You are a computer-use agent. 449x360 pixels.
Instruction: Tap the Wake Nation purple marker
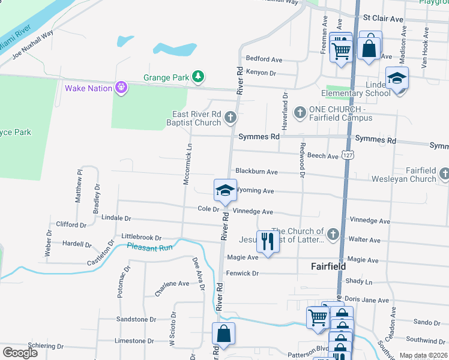pyautogui.click(x=121, y=88)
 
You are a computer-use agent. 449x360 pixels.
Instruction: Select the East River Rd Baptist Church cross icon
pyautogui.click(x=230, y=118)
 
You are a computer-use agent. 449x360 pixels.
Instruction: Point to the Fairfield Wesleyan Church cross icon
pyautogui.click(x=444, y=174)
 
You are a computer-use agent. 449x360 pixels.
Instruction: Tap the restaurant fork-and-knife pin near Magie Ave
pyautogui.click(x=268, y=241)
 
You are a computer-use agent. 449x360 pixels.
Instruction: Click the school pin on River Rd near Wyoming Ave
pyautogui.click(x=225, y=190)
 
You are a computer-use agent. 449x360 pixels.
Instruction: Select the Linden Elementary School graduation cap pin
pyautogui.click(x=397, y=79)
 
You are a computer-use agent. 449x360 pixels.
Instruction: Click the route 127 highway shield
pyautogui.click(x=348, y=155)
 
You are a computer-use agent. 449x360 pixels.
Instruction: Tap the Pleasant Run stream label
pyautogui.click(x=149, y=247)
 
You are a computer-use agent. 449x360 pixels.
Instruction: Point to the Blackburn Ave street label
pyautogui.click(x=256, y=172)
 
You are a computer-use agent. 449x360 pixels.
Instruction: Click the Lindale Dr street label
pyautogui.click(x=116, y=218)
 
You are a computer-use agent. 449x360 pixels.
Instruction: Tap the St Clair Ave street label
pyautogui.click(x=383, y=19)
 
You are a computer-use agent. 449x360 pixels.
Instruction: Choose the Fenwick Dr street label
pyautogui.click(x=242, y=273)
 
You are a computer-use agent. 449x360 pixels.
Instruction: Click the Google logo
pyautogui.click(x=20, y=353)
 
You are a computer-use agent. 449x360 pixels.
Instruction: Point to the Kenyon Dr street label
pyautogui.click(x=261, y=73)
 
